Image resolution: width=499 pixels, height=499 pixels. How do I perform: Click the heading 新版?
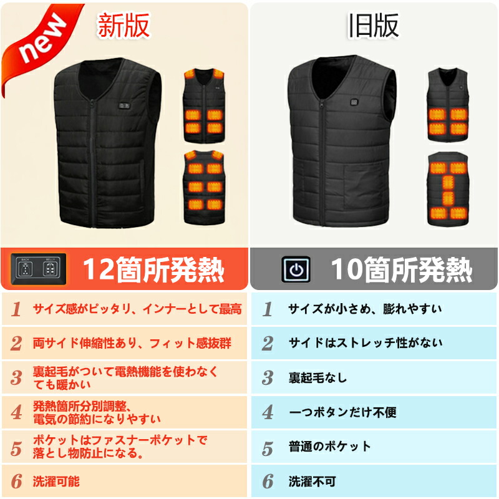(x=123, y=26)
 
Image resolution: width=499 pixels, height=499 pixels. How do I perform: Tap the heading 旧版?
(x=374, y=26)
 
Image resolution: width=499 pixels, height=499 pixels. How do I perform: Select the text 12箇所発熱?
(x=153, y=269)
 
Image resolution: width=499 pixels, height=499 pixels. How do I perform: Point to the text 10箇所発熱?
(x=402, y=269)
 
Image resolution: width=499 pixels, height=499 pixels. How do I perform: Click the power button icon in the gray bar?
(x=296, y=269)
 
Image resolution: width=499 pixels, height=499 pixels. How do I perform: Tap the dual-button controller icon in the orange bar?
(x=39, y=269)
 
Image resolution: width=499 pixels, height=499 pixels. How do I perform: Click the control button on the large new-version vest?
(x=124, y=105)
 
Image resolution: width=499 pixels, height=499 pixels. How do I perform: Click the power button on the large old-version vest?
(x=354, y=102)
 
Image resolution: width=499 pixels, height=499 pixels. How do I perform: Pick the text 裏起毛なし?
(x=317, y=378)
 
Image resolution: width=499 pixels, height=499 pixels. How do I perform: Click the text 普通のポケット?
(x=330, y=446)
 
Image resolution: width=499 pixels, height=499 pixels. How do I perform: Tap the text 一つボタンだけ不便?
(x=342, y=412)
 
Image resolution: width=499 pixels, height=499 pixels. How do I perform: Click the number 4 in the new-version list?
(x=16, y=412)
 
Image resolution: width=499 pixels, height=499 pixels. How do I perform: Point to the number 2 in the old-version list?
(x=268, y=344)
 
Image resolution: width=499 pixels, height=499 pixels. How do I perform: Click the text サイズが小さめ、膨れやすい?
(x=365, y=309)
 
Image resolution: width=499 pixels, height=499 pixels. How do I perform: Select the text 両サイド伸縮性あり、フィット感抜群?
(x=132, y=344)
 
